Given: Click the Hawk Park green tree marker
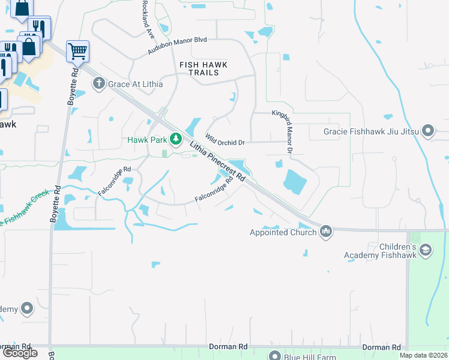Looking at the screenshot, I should [x=175, y=140].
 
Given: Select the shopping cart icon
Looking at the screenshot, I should [x=77, y=52].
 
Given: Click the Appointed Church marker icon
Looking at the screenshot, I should [x=326, y=232].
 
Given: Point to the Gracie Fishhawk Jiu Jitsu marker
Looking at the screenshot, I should [x=428, y=131].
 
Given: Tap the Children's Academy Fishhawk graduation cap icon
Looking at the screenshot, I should [x=426, y=250].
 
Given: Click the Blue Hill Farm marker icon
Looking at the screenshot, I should [x=275, y=356].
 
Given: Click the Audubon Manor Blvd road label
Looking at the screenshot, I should [x=178, y=46].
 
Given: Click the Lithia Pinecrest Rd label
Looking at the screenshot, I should [x=218, y=160].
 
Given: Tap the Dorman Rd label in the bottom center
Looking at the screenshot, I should [x=228, y=347].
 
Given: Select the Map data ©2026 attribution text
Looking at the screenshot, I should [x=423, y=355].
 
